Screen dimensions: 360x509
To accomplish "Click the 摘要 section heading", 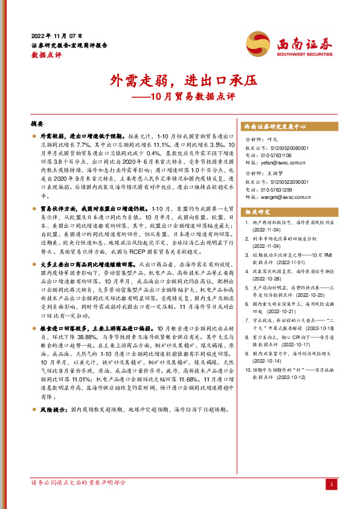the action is click(37, 123).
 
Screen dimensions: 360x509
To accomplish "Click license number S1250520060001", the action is click(284, 148).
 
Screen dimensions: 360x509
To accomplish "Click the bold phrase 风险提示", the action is click(52, 409).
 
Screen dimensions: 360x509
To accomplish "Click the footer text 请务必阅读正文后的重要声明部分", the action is click(79, 483).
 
